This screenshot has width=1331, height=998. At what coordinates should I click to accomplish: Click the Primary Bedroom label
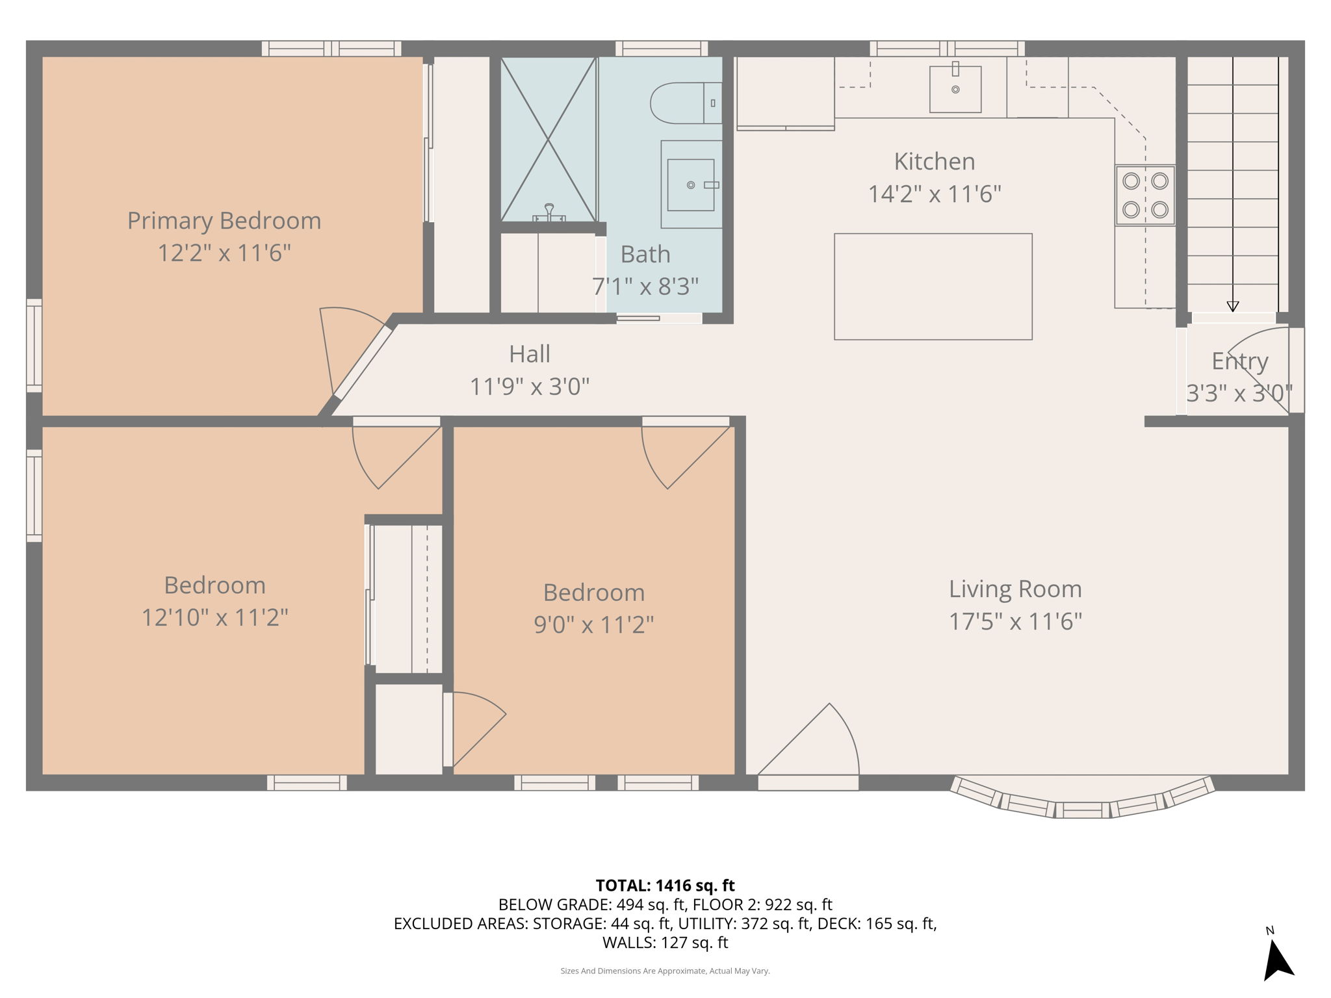pyautogui.click(x=224, y=221)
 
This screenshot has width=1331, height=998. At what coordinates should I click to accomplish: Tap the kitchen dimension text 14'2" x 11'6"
pyautogui.click(x=935, y=194)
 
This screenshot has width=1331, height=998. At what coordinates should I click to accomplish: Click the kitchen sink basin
pyautogui.click(x=955, y=89)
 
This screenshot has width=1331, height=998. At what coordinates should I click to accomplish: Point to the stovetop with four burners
pyautogui.click(x=1145, y=195)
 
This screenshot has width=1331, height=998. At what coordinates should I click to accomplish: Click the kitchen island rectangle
pyautogui.click(x=933, y=287)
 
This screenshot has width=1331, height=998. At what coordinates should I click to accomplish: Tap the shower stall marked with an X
pyautogui.click(x=548, y=138)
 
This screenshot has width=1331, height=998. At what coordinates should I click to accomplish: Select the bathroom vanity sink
pyautogui.click(x=691, y=185)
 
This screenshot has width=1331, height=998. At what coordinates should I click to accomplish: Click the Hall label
pyautogui.click(x=530, y=354)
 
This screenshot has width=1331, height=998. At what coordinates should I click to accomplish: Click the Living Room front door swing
pyautogui.click(x=819, y=747)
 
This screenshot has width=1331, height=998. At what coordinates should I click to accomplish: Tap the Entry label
pyautogui.click(x=1239, y=361)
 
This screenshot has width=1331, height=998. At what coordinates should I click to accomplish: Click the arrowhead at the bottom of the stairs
pyautogui.click(x=1232, y=307)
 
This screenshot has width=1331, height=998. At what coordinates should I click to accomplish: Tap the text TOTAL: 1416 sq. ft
pyautogui.click(x=665, y=886)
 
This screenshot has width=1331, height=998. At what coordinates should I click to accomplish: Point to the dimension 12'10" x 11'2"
pyautogui.click(x=215, y=617)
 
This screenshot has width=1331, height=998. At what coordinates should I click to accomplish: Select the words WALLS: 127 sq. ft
pyautogui.click(x=665, y=942)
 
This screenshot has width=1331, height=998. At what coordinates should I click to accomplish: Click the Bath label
pyautogui.click(x=645, y=255)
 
